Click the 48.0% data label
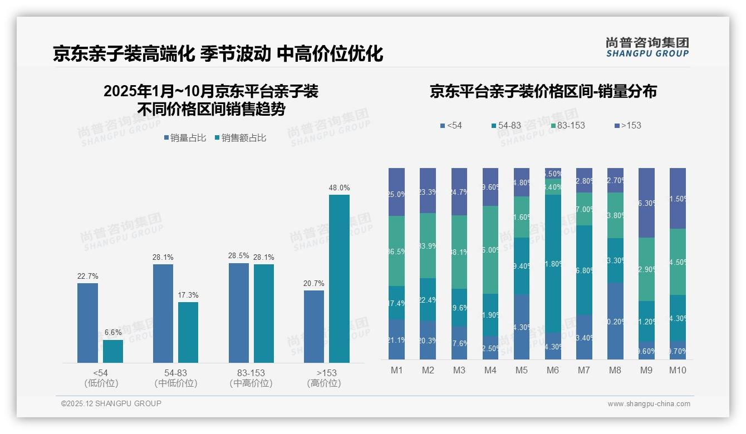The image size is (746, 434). point(339,188)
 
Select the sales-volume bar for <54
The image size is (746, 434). point(87,323)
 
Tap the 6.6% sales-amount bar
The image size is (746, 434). point(113,351)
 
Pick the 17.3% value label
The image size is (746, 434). point(188,295)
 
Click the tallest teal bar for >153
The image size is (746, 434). point(339,278)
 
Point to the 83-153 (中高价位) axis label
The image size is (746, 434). point(251,378)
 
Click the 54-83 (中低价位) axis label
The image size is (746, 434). point(175,378)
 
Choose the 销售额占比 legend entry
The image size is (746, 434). point(240,138)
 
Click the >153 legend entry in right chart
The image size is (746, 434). point(627,126)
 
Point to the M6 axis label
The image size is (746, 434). point(552,371)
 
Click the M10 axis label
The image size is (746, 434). point(678,371)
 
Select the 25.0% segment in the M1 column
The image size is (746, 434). point(396,192)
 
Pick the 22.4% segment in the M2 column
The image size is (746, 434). point(428,299)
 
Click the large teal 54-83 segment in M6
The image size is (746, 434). point(552,263)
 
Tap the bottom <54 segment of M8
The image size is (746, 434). point(615,320)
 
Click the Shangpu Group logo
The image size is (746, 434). point(647,47)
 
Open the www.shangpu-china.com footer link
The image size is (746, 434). point(649,404)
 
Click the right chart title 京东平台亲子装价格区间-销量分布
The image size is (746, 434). point(543,92)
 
